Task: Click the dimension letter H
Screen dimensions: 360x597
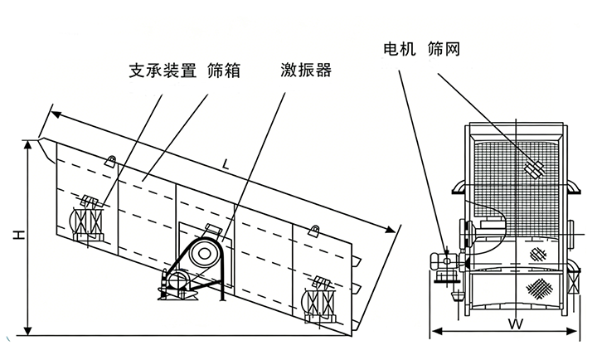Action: pyautogui.click(x=17, y=238)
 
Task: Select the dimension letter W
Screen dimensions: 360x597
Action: pyautogui.click(x=514, y=321)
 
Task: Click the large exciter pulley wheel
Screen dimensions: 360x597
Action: pyautogui.click(x=202, y=255)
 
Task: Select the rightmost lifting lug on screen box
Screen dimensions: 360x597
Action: pyautogui.click(x=313, y=230)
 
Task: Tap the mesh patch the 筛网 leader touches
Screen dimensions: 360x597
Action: pyautogui.click(x=532, y=168)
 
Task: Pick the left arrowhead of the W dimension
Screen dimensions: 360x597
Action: pyautogui.click(x=432, y=333)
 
